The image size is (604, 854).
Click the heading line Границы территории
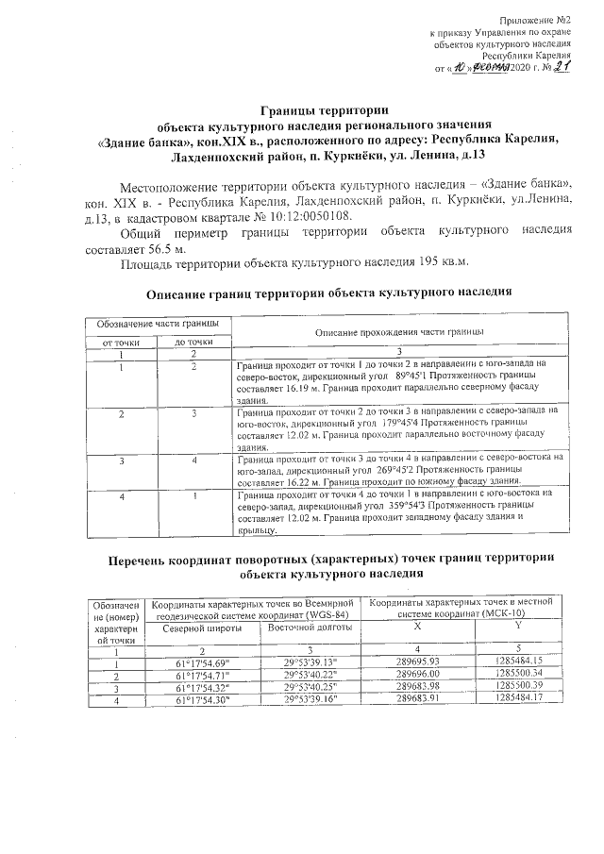coord(300,111)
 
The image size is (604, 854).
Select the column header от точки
coord(121,343)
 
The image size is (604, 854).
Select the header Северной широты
coord(202,627)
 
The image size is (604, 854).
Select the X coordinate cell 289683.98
coord(422,685)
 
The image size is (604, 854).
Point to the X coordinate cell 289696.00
coord(422,674)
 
